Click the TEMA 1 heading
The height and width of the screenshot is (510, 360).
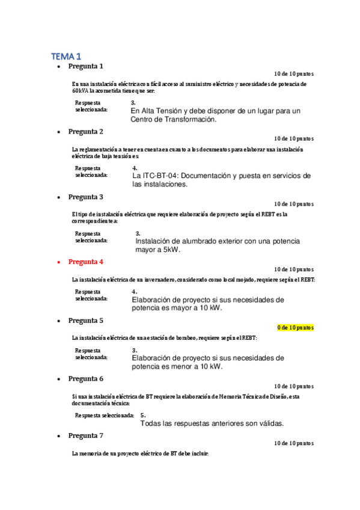(66, 56)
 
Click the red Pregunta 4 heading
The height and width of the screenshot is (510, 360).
(85, 262)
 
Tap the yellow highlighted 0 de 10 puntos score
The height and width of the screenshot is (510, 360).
(295, 328)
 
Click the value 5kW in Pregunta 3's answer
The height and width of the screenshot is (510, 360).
(171, 250)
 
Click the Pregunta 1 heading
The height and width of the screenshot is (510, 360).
(85, 66)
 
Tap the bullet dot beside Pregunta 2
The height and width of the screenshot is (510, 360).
(58, 132)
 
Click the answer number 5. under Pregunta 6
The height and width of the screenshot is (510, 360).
(143, 415)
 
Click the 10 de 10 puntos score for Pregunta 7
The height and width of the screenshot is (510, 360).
(293, 443)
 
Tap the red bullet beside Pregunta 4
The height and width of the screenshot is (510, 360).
(58, 262)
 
